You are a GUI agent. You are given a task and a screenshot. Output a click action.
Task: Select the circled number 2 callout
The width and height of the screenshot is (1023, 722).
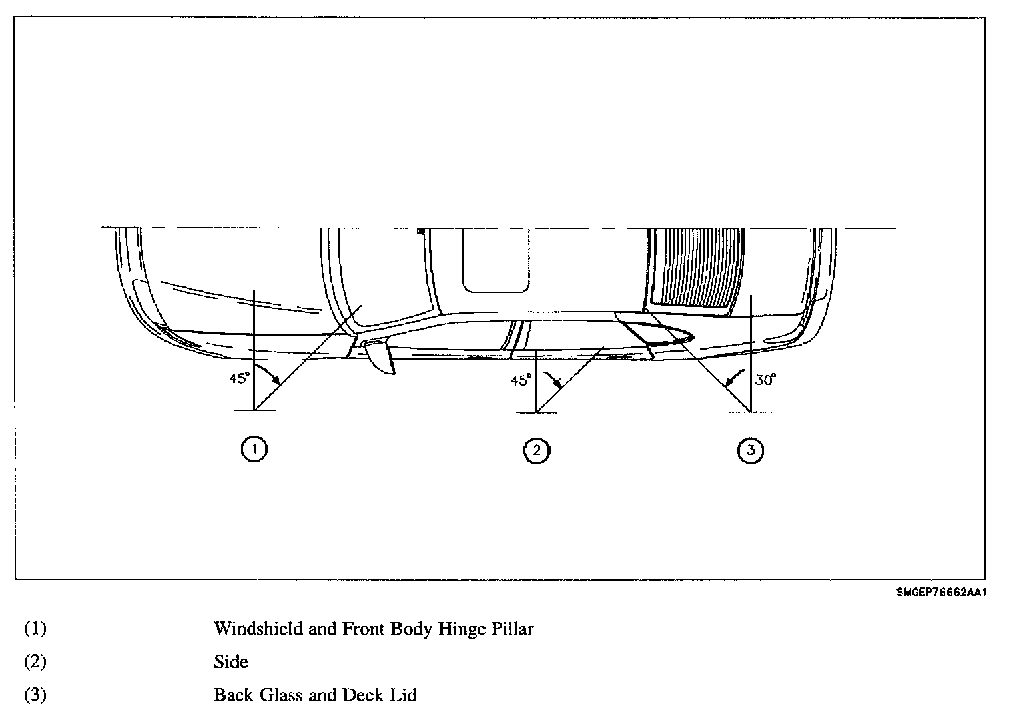point(537,450)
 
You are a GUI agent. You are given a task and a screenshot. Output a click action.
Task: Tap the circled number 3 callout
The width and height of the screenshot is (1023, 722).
point(751,450)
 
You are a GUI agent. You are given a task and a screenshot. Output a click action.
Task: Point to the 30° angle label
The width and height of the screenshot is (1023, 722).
point(766,380)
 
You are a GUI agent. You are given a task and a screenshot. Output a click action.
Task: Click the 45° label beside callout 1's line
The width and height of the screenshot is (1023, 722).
point(239,378)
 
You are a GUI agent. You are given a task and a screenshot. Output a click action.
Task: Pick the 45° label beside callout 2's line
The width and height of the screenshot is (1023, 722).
point(521,380)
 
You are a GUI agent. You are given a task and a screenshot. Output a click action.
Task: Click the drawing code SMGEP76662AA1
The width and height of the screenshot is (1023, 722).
point(940,593)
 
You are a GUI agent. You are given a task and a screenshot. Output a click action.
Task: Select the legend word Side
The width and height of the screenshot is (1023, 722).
point(230,661)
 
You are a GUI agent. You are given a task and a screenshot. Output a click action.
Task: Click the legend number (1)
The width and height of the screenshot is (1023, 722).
point(35,628)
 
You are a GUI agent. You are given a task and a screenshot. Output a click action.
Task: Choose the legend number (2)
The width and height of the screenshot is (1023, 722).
point(35,661)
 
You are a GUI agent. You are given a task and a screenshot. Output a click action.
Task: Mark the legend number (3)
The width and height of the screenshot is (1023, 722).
point(35,695)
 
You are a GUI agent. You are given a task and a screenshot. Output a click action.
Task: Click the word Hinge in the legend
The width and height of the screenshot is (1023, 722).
point(460,629)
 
